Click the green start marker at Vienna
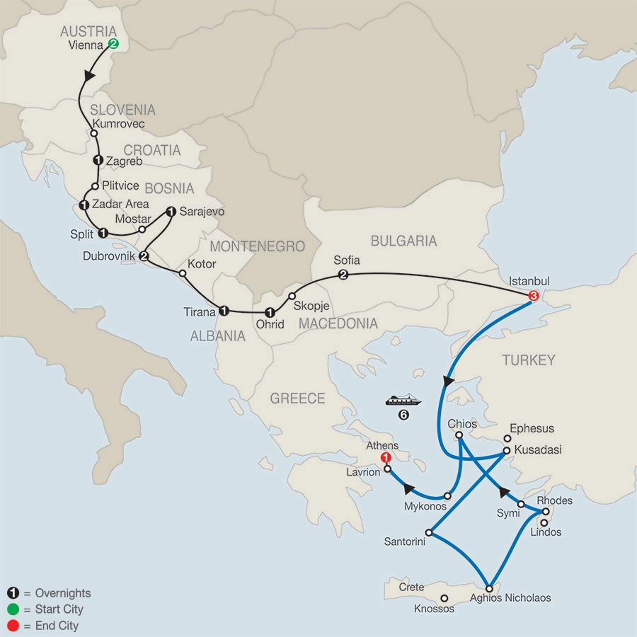tap(113, 44)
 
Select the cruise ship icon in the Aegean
tap(403, 400)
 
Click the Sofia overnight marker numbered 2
tap(343, 275)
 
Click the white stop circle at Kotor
tap(182, 273)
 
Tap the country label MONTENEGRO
tap(257, 246)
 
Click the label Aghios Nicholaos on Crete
tap(510, 598)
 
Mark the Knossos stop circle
tap(444, 598)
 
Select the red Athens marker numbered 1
tap(386, 458)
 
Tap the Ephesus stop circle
tap(507, 439)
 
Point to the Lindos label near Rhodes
tap(546, 532)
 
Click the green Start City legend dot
tap(12, 609)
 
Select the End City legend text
tap(54, 626)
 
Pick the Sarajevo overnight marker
tap(171, 211)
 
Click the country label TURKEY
tap(529, 360)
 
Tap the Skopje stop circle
tap(292, 296)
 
